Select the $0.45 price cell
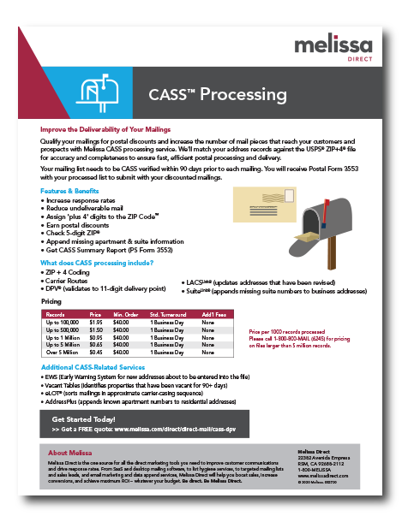(96, 353)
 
